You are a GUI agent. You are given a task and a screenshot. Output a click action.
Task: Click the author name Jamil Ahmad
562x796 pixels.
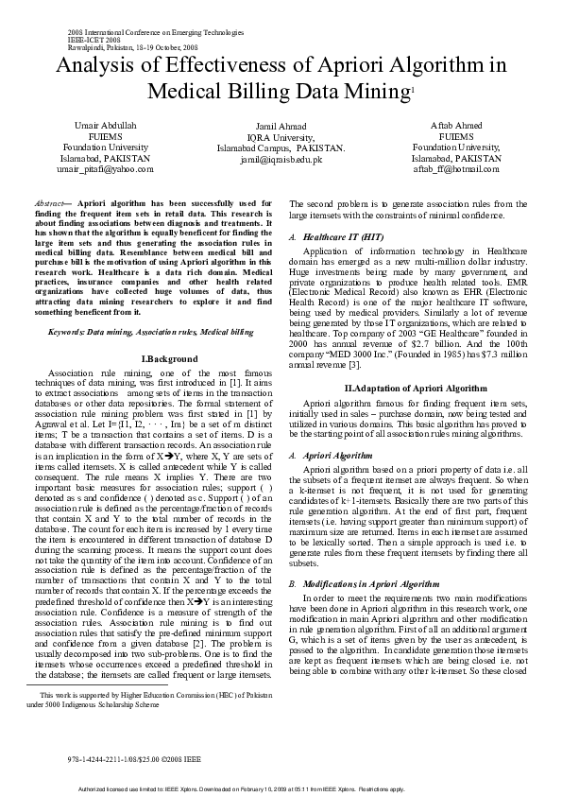coord(281,126)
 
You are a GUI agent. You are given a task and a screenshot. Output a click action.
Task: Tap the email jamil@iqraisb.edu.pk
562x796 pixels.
coord(281,160)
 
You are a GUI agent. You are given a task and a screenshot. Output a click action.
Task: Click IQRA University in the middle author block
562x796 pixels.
coord(281,137)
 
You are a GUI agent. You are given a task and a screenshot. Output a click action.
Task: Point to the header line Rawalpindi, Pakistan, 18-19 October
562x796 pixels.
coord(133,45)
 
